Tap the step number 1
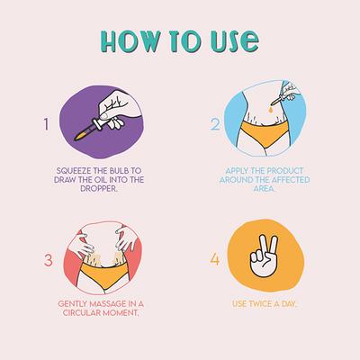[x=46, y=124]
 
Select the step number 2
[x=215, y=124]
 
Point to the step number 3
[x=49, y=260]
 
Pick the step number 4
[x=214, y=259]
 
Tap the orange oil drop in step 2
[x=271, y=110]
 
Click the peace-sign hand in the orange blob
[x=264, y=256]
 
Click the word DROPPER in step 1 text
[x=98, y=189]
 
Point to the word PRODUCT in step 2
[x=285, y=171]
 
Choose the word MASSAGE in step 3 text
[x=104, y=304]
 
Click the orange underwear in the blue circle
[x=265, y=132]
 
